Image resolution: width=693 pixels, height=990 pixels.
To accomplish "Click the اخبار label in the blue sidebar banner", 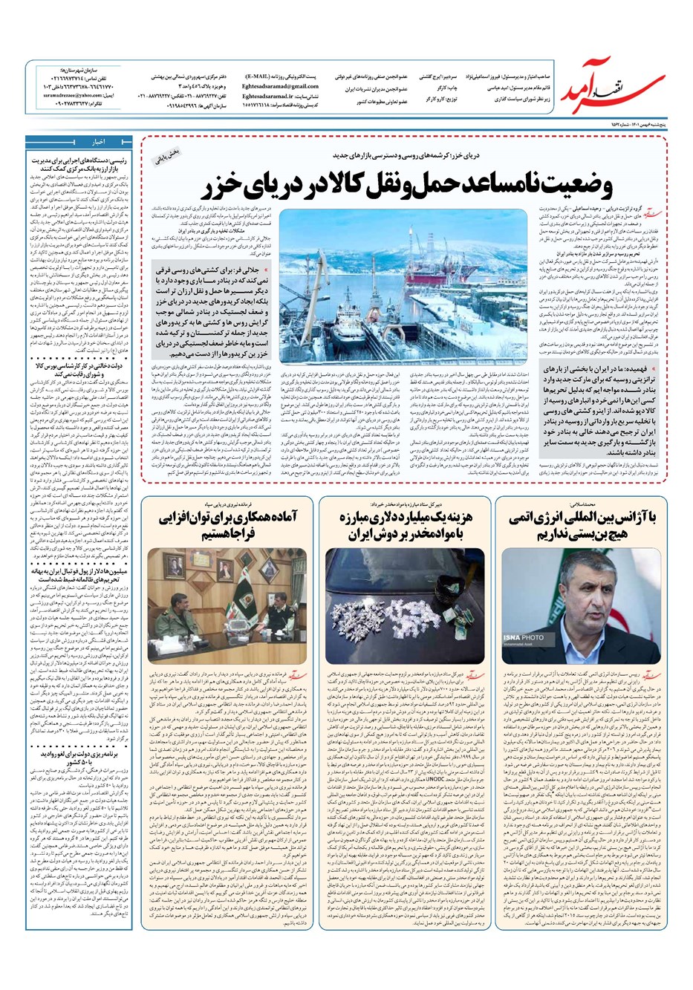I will pyautogui.click(x=97, y=142).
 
